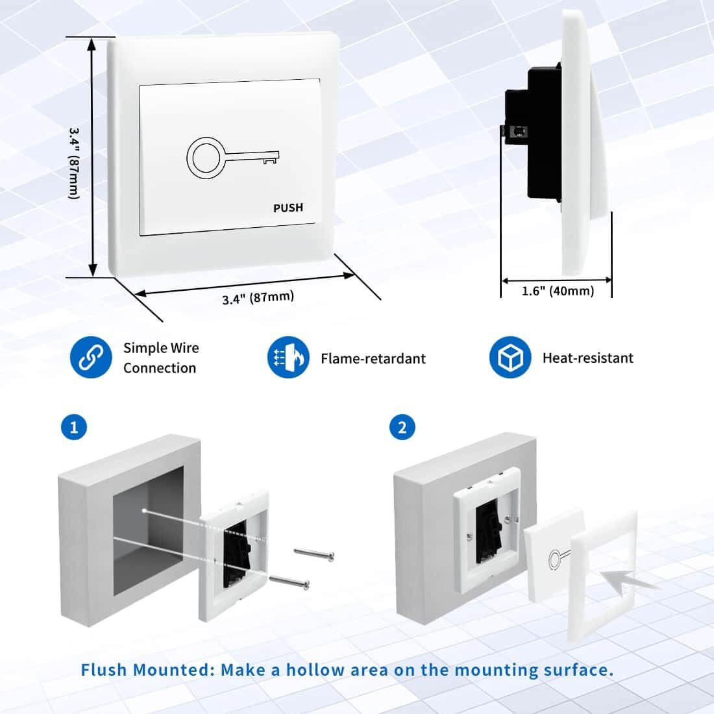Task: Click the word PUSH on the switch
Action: tap(288, 208)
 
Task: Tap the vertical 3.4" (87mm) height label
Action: tap(74, 162)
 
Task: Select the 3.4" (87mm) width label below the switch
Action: tap(258, 298)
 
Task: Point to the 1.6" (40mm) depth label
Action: tap(558, 291)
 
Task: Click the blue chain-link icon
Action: tap(86, 358)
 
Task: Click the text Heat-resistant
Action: tap(587, 358)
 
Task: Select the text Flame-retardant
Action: tap(373, 358)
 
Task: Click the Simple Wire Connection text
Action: tap(160, 358)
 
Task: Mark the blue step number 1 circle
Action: tap(73, 428)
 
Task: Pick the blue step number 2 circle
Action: tap(402, 428)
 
